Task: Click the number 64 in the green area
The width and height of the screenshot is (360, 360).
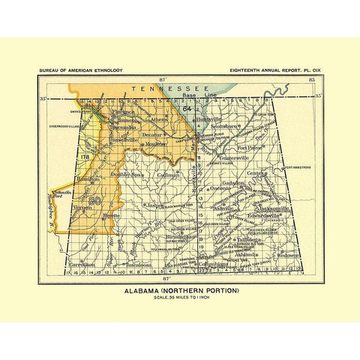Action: tap(186, 109)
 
